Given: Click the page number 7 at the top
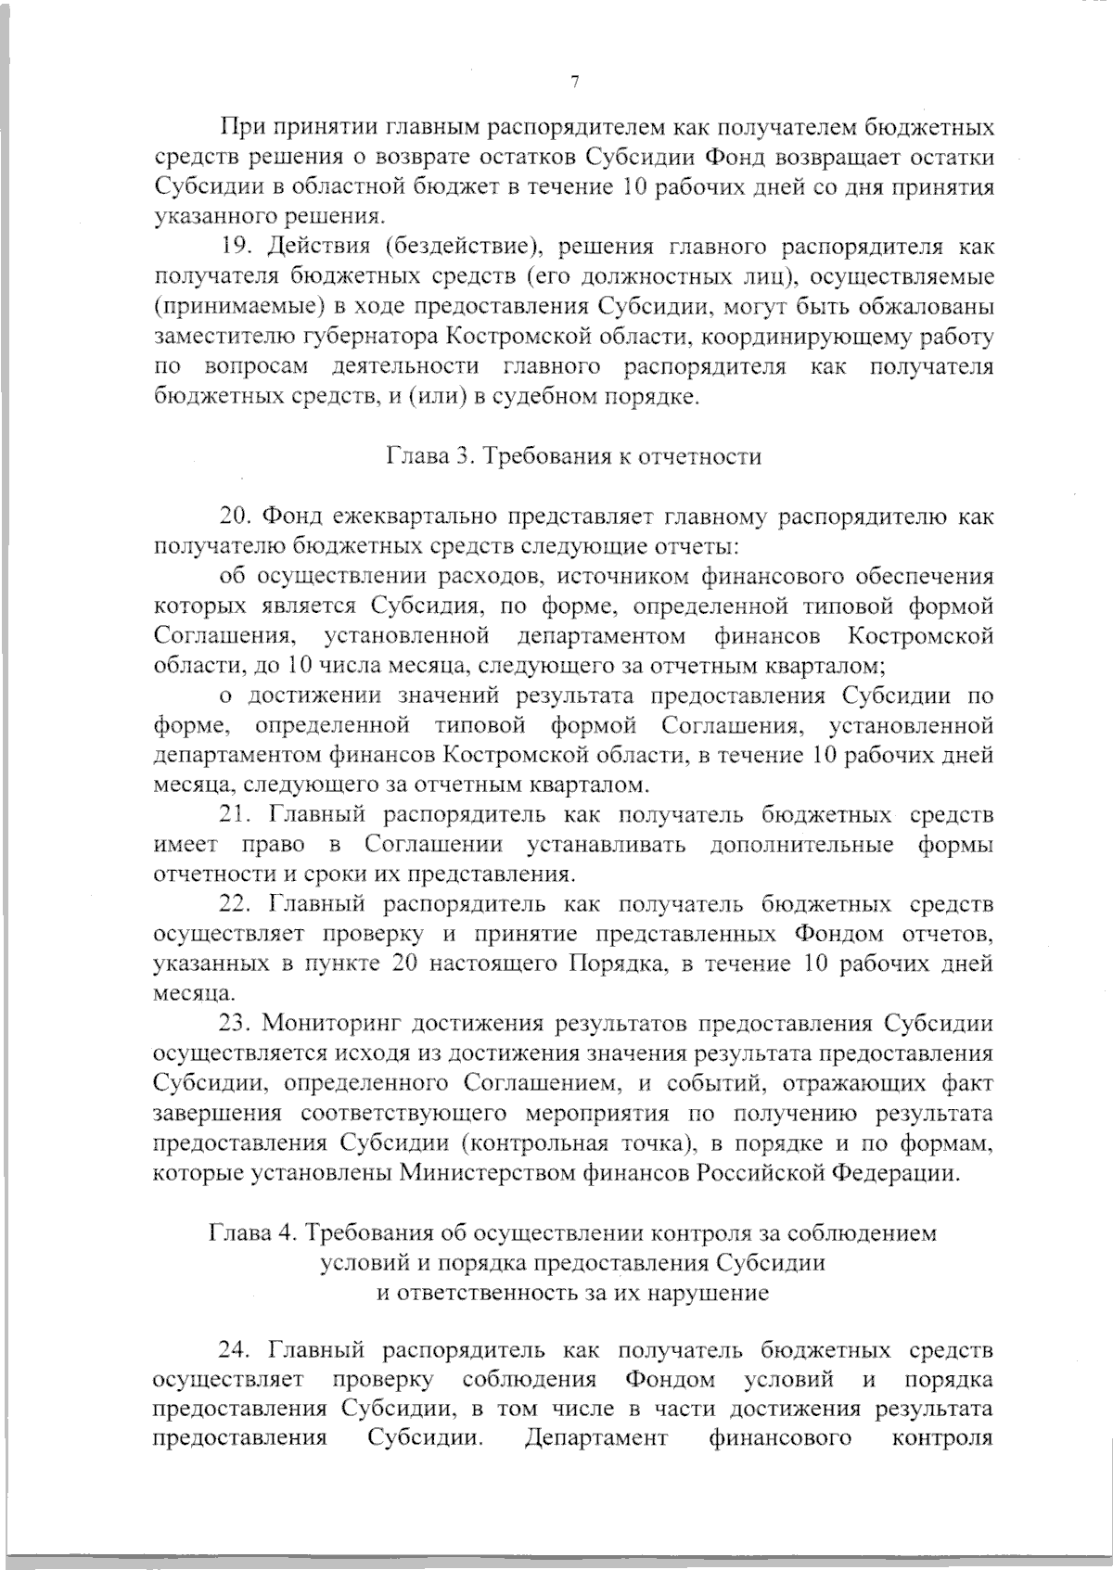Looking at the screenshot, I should [x=574, y=83].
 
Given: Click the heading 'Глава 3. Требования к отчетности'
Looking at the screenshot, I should [x=573, y=456].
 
